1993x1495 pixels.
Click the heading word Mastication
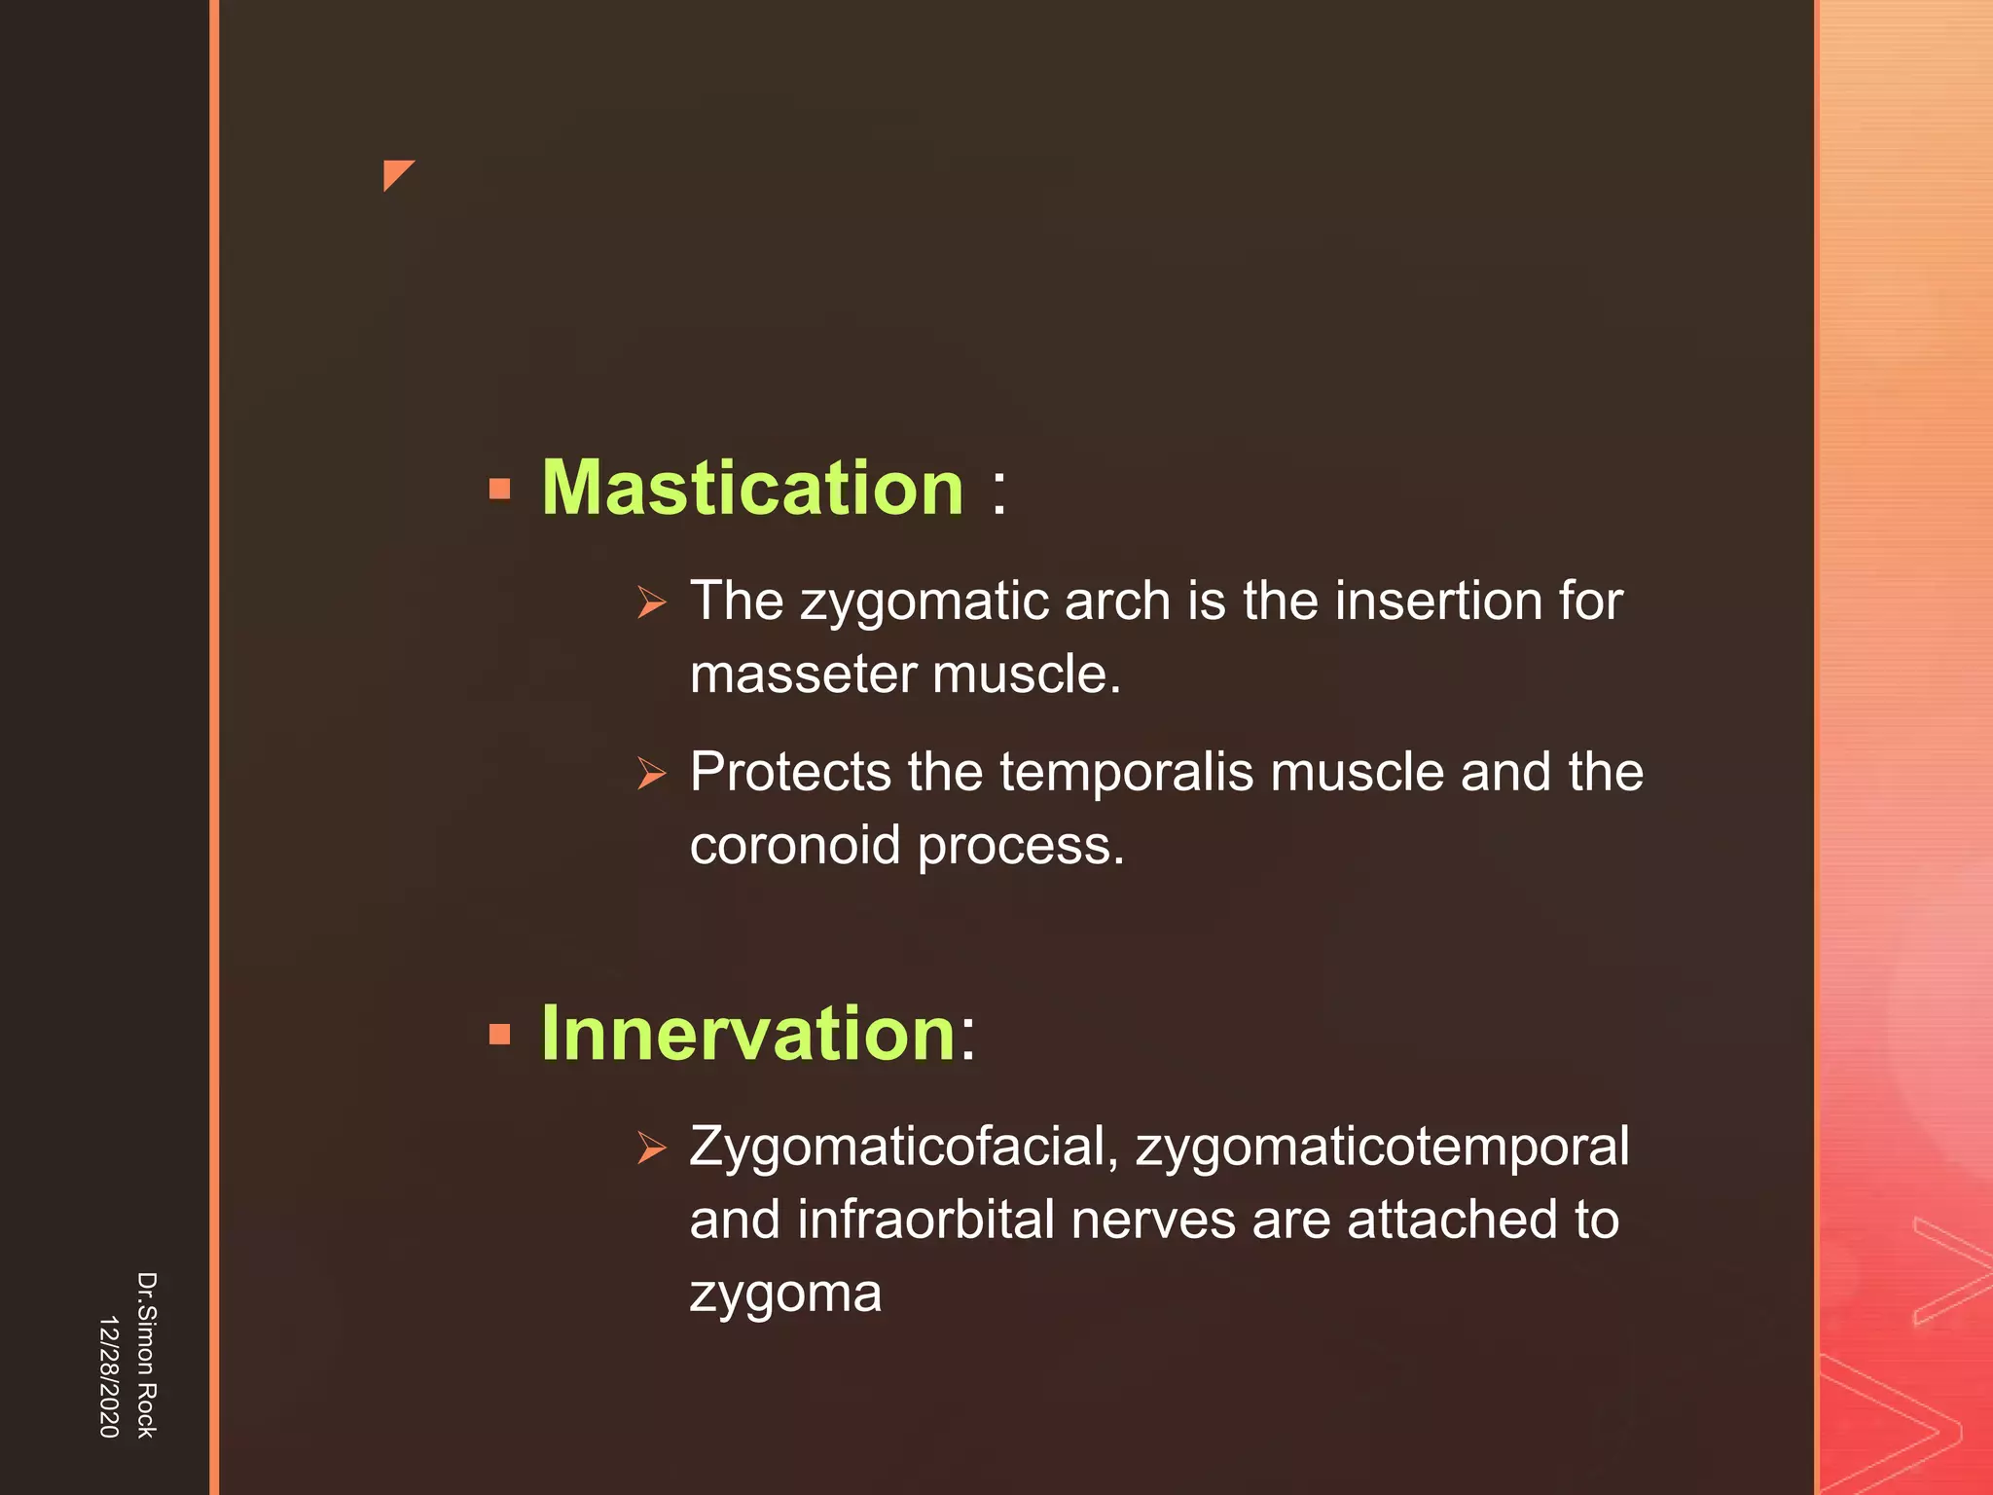(x=752, y=488)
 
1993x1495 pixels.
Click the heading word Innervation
(x=748, y=1033)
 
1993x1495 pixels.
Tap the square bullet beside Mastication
(x=500, y=489)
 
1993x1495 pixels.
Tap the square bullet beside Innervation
(x=500, y=1034)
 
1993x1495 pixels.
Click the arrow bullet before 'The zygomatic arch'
(x=652, y=603)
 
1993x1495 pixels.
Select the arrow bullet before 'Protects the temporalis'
(x=652, y=775)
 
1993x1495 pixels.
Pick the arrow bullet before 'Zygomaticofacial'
(x=652, y=1149)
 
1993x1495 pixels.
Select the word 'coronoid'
(x=795, y=845)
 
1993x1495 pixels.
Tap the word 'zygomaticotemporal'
(x=1382, y=1148)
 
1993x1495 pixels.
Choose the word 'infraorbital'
(x=925, y=1220)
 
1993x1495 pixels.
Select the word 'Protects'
(x=790, y=772)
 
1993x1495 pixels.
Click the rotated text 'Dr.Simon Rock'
(x=146, y=1355)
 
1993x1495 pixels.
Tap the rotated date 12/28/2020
(x=109, y=1376)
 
